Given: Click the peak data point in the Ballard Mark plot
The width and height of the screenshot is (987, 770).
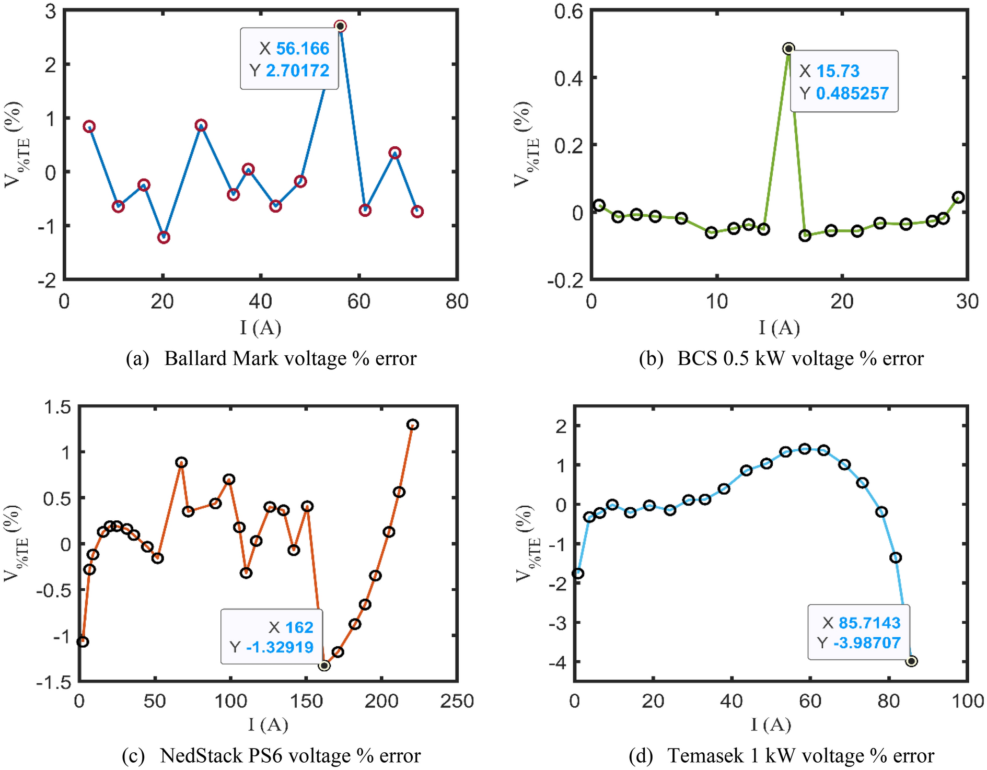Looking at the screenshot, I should tap(340, 26).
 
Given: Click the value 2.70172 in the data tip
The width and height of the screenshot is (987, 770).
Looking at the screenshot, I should tap(297, 71).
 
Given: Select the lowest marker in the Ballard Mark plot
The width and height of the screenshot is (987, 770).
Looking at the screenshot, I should tap(164, 238).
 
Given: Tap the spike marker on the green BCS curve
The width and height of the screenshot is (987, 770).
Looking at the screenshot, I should tap(789, 49).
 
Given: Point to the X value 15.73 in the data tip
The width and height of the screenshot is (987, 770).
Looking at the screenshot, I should tap(838, 71).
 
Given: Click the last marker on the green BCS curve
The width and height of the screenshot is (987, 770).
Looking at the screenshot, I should tap(958, 197).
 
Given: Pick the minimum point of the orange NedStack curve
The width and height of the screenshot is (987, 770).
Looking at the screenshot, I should tap(324, 666).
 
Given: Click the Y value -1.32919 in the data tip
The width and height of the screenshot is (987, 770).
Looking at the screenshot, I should tap(280, 647).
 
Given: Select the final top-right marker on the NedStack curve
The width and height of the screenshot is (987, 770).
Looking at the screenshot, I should tap(413, 424).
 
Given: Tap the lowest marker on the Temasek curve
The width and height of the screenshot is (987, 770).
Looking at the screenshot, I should tap(912, 661).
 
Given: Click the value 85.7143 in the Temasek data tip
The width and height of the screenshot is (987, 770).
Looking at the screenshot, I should tap(869, 623).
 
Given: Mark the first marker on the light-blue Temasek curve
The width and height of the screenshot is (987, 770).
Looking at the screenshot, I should tap(578, 574).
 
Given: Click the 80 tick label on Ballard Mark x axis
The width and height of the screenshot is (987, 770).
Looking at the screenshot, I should tap(457, 302).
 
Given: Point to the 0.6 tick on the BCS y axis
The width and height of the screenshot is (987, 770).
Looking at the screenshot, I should tap(568, 11).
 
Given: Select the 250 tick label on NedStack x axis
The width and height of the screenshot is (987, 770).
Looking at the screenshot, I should tap(457, 701).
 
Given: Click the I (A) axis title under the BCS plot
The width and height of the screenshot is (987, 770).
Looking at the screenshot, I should tap(779, 328).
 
